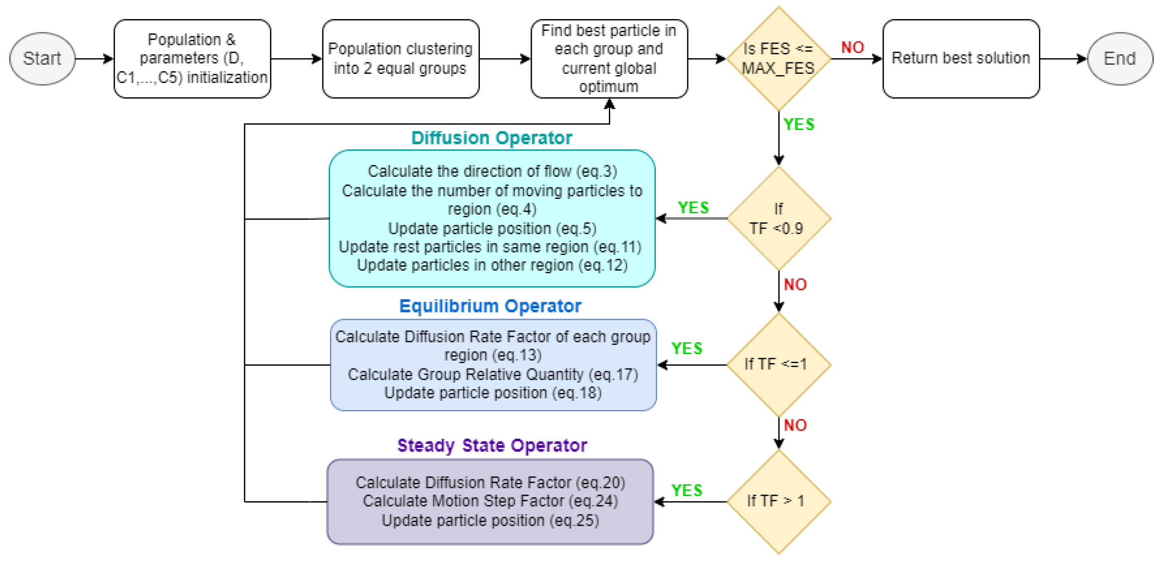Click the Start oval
pyautogui.click(x=42, y=59)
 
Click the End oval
pyautogui.click(x=1119, y=59)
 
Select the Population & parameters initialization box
pyautogui.click(x=192, y=59)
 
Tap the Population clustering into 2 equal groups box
pyautogui.click(x=400, y=59)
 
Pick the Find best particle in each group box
pyautogui.click(x=609, y=59)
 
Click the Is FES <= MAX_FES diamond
pyautogui.click(x=778, y=59)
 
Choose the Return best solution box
pyautogui.click(x=961, y=59)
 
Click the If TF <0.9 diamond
pyautogui.click(x=778, y=219)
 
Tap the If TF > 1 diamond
pyautogui.click(x=778, y=501)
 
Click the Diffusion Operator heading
pyautogui.click(x=491, y=138)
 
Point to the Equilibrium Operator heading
pyautogui.click(x=490, y=306)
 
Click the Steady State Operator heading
pyautogui.click(x=492, y=445)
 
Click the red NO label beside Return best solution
pyautogui.click(x=852, y=47)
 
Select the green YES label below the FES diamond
pyautogui.click(x=799, y=124)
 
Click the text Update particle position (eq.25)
pyautogui.click(x=490, y=520)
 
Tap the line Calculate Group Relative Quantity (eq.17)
pyautogui.click(x=493, y=374)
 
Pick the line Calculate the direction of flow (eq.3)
pyautogui.click(x=492, y=171)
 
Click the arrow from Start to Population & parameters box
pyautogui.click(x=94, y=59)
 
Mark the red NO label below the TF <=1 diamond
pyautogui.click(x=795, y=425)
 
